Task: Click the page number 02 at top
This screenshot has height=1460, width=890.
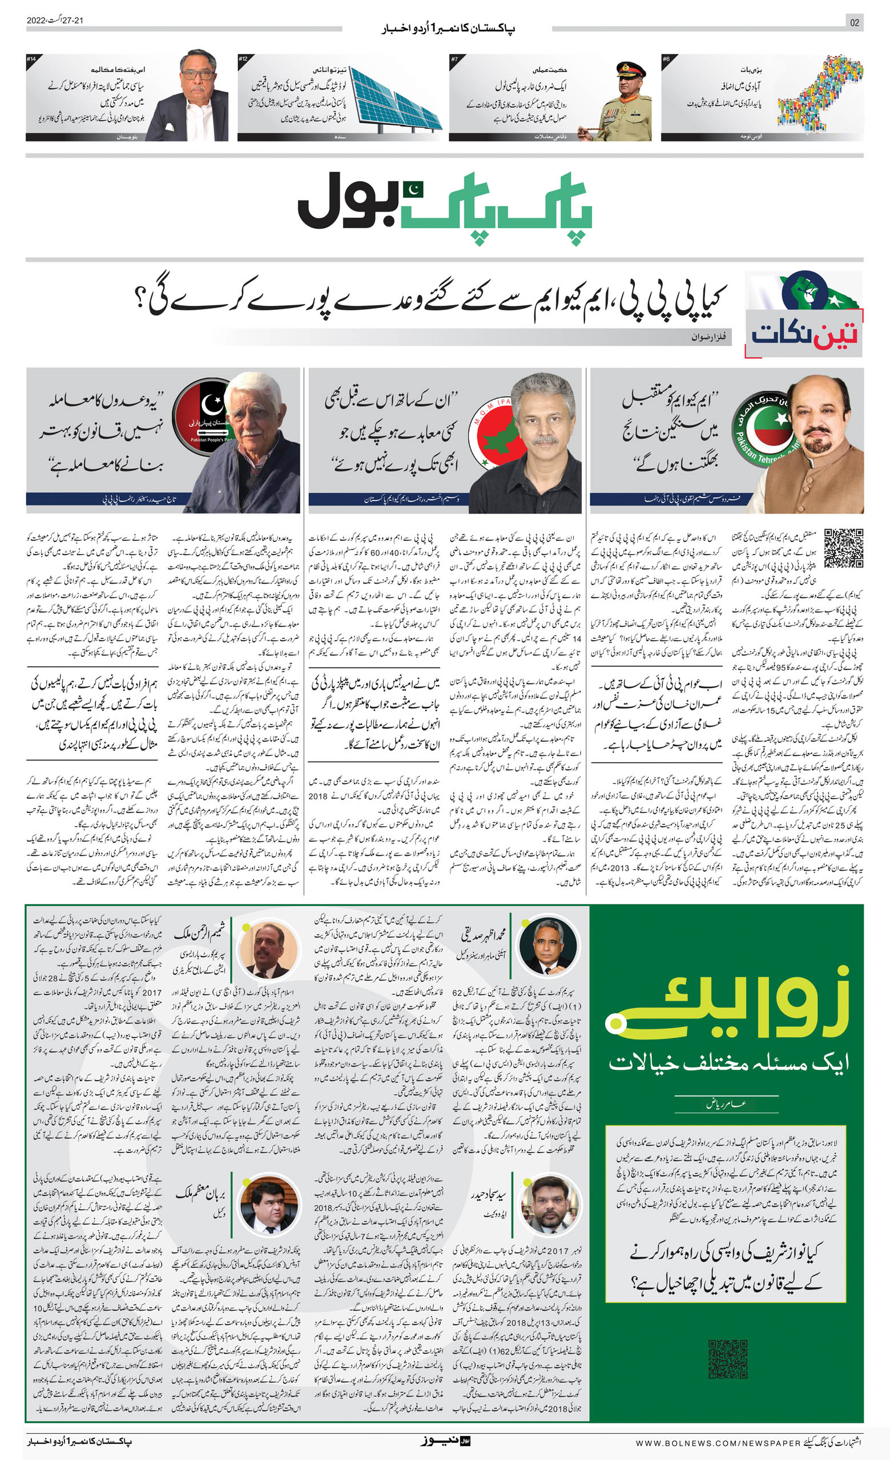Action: [854, 22]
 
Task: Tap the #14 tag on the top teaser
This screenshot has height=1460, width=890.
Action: [31, 59]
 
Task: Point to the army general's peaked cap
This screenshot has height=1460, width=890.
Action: [630, 70]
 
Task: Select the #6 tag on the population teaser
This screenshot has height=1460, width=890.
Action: [667, 59]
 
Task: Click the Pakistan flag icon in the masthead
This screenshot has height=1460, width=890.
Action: [413, 189]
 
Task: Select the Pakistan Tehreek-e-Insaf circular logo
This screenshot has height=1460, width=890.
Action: [762, 427]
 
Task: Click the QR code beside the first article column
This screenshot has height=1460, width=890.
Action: [843, 548]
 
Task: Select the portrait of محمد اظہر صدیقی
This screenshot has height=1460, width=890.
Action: [546, 947]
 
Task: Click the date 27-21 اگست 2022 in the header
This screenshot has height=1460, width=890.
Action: [55, 20]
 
